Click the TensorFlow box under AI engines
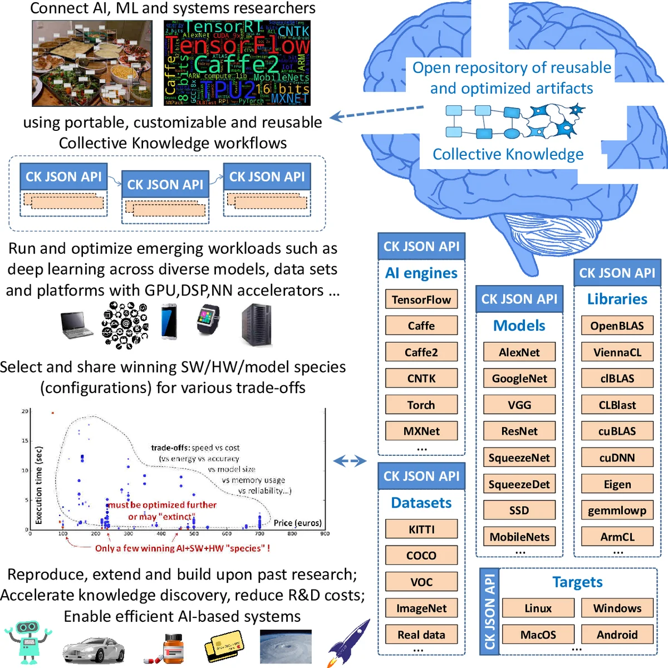421,299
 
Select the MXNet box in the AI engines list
421,431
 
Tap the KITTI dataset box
421,529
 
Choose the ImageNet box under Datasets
421,608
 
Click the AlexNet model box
519,352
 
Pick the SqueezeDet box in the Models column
519,484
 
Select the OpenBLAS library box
617,326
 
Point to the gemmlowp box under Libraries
617,510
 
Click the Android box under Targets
617,635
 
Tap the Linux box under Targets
538,608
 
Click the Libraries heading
617,299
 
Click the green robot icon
28,643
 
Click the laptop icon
76,325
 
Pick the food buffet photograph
92,63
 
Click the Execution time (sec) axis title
38,485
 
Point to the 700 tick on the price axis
259,533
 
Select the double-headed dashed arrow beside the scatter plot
350,461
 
